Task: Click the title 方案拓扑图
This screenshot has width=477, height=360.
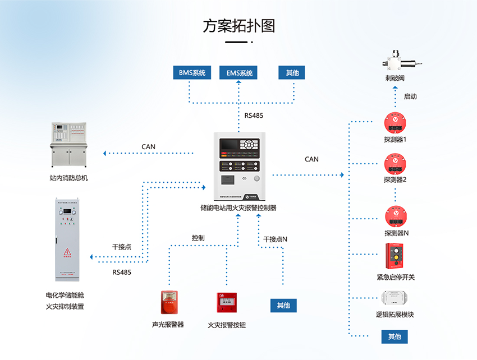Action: coord(238,26)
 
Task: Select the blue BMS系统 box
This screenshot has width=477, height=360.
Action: coord(192,73)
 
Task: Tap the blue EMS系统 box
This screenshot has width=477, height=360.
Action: coord(239,73)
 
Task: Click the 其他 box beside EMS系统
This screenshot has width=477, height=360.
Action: coord(292,73)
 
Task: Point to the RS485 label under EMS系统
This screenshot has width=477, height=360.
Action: coord(254,116)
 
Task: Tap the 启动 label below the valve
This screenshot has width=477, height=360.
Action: coord(410,96)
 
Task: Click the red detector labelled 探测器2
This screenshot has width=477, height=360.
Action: coord(395,163)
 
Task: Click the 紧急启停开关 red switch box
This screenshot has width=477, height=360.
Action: coord(395,256)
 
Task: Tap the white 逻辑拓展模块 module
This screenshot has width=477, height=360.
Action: coord(395,298)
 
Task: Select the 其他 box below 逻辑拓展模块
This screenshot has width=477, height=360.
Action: coord(395,336)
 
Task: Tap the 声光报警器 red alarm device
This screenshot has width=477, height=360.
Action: coord(168,303)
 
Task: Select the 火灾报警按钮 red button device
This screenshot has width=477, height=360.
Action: coord(227,303)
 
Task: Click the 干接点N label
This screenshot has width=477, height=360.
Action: coord(275,239)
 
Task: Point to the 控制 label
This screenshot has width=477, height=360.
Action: coord(198,238)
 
